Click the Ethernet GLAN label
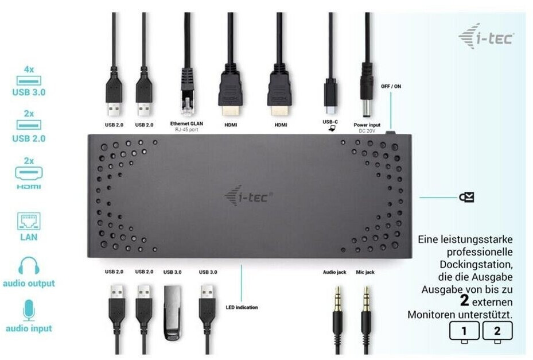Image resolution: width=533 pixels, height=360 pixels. [x=186, y=123]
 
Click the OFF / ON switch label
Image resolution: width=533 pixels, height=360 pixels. [x=391, y=86]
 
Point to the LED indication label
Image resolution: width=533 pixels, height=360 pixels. [x=242, y=307]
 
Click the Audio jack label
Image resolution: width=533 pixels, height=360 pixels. [x=334, y=272]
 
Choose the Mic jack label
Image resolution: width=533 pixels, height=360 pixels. [x=365, y=272]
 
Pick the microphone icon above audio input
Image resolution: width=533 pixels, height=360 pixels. [x=29, y=311]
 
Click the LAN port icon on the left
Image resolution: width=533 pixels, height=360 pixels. [x=29, y=221]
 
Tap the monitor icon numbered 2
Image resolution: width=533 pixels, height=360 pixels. [x=497, y=332]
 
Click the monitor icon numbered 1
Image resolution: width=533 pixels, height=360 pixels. [x=464, y=332]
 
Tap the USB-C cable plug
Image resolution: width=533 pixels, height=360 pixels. [x=330, y=95]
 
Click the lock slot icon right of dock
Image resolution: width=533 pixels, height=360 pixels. [x=466, y=198]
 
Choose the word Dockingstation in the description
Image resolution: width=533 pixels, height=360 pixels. [x=480, y=265]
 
